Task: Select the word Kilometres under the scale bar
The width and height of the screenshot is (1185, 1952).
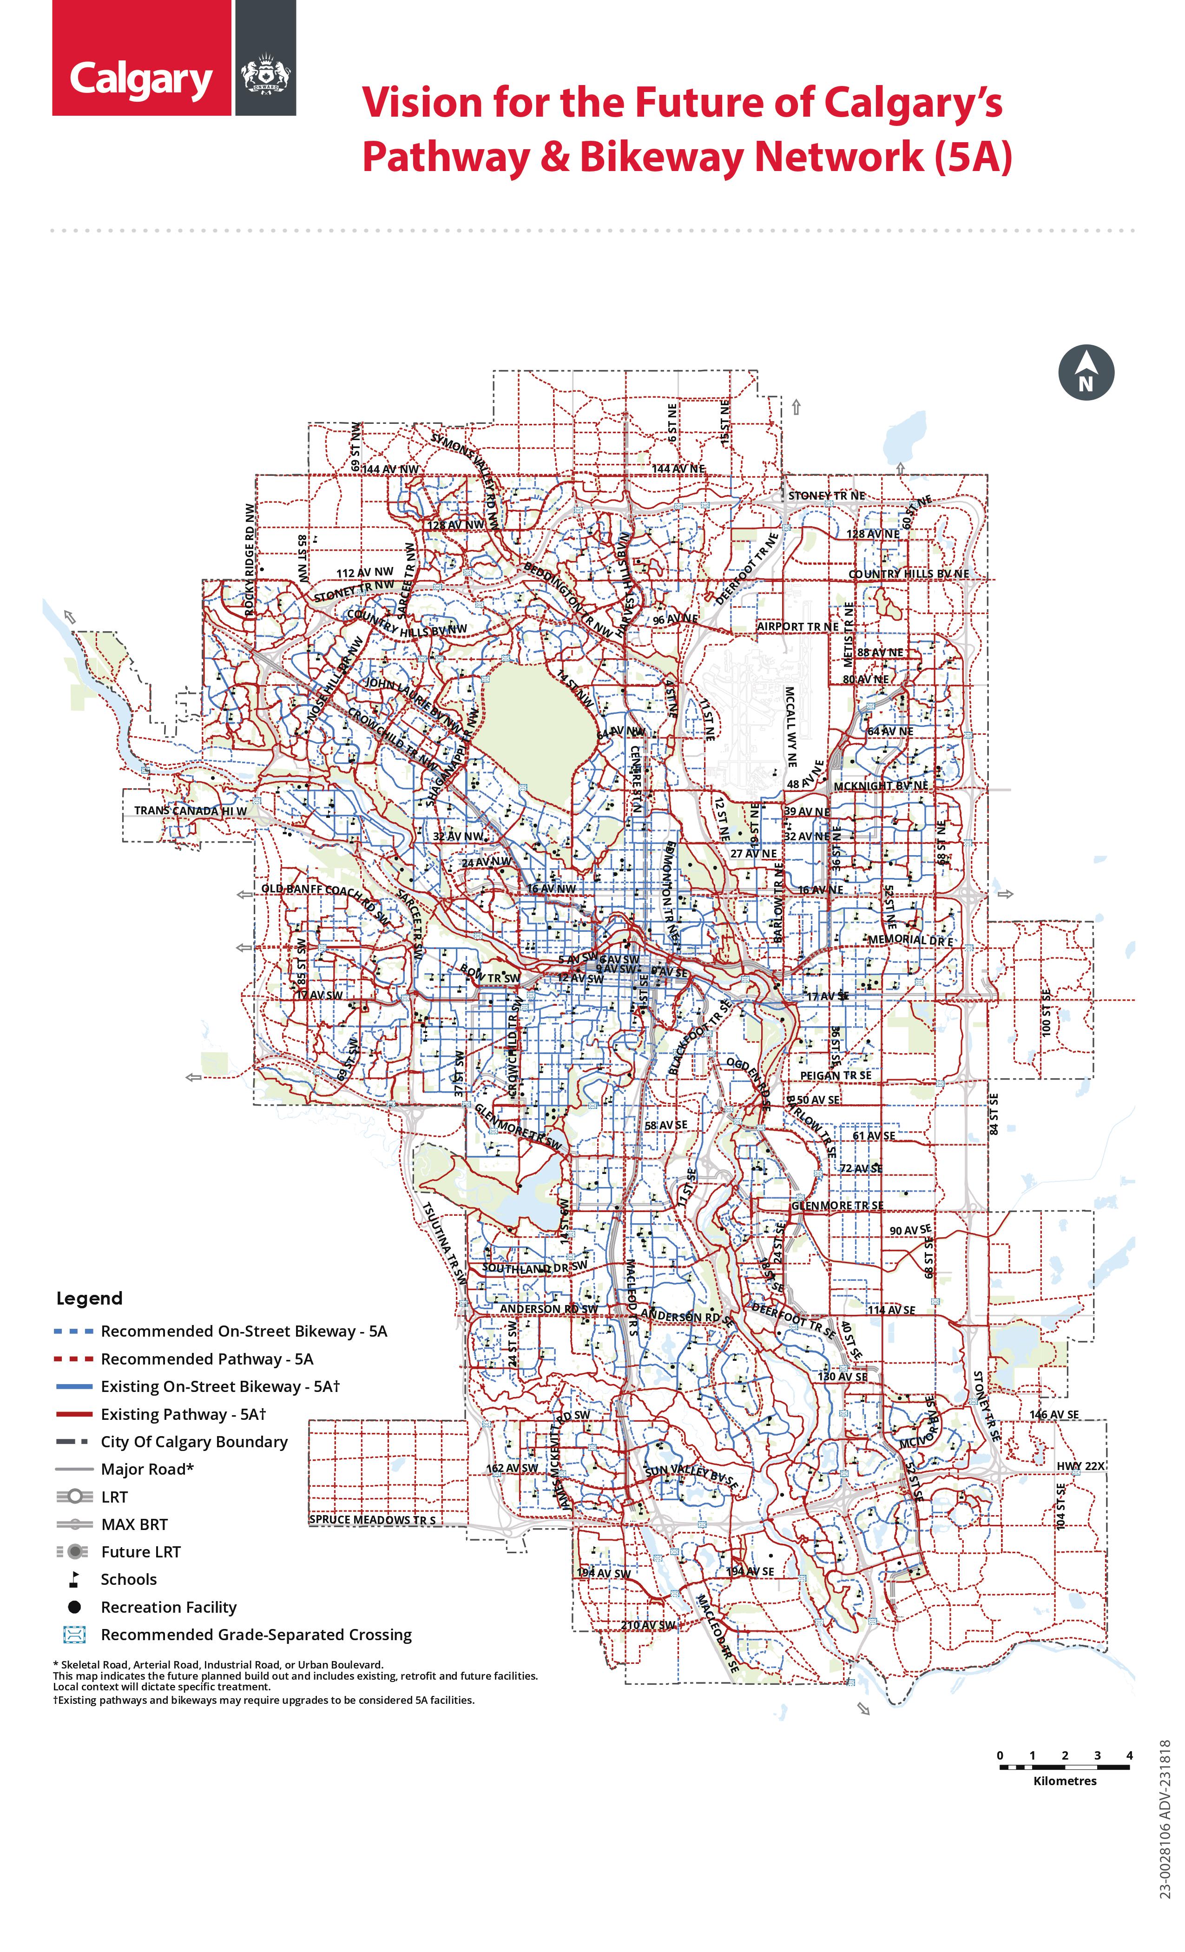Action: pyautogui.click(x=1065, y=1781)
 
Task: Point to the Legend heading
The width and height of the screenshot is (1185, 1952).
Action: pyautogui.click(x=90, y=1299)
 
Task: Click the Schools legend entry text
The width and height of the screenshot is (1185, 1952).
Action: pyautogui.click(x=128, y=1579)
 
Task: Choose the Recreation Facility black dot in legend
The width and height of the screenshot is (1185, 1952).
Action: pyautogui.click(x=74, y=1607)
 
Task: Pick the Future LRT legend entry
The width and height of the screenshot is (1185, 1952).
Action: pyautogui.click(x=140, y=1551)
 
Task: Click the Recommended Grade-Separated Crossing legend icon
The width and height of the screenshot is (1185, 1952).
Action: pyautogui.click(x=74, y=1634)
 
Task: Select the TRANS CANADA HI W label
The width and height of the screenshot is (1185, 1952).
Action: pyautogui.click(x=190, y=811)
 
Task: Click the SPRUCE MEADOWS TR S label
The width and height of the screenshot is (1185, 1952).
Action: pyautogui.click(x=371, y=1519)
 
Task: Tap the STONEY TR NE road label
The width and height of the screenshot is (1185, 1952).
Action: pyautogui.click(x=826, y=496)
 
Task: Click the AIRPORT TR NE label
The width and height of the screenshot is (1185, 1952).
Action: pyautogui.click(x=797, y=626)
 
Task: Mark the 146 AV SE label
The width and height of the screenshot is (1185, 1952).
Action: pyautogui.click(x=1053, y=1414)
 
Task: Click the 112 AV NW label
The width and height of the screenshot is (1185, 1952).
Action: pyautogui.click(x=364, y=572)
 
